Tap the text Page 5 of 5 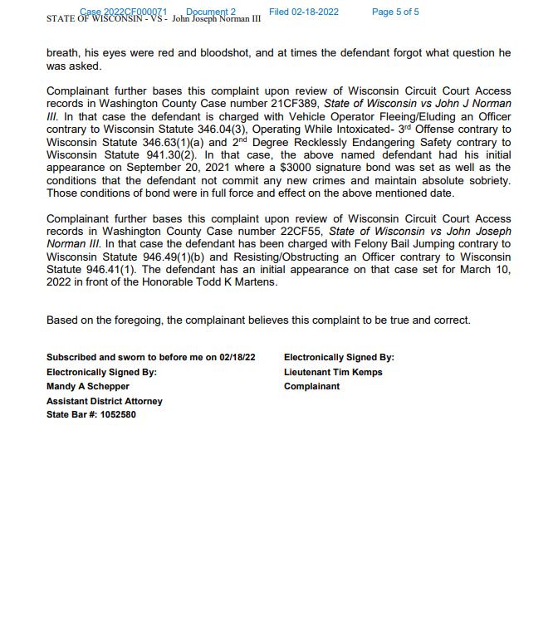pos(395,12)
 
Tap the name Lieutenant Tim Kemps pos(333,372)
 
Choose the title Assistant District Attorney pos(105,400)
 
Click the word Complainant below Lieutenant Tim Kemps pos(311,386)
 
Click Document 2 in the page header pos(211,12)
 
